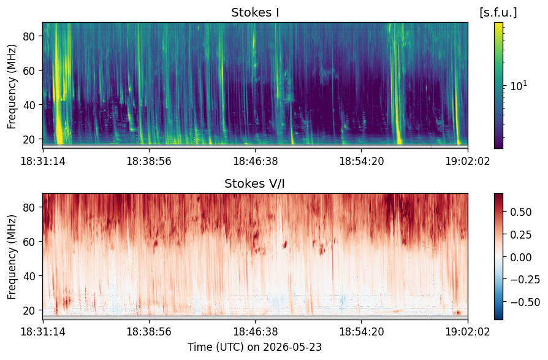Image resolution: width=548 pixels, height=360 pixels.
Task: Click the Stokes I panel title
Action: pyautogui.click(x=255, y=13)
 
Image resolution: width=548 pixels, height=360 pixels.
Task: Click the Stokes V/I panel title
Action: pyautogui.click(x=254, y=183)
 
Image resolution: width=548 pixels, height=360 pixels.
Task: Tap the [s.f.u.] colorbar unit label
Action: pyautogui.click(x=498, y=13)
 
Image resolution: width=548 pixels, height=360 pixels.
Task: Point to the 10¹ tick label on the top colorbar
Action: pyautogui.click(x=519, y=86)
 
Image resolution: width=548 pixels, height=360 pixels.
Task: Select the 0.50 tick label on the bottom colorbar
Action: pyautogui.click(x=521, y=212)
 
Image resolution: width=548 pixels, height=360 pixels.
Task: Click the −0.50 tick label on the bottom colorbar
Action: pyautogui.click(x=525, y=302)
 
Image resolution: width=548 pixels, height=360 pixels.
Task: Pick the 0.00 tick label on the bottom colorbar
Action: pyautogui.click(x=521, y=257)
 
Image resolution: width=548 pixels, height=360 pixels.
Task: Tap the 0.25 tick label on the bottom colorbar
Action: pyautogui.click(x=521, y=234)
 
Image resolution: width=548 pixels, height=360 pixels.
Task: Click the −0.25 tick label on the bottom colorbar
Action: pyautogui.click(x=525, y=280)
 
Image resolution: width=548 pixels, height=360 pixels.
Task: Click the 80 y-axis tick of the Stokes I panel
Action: pyautogui.click(x=29, y=36)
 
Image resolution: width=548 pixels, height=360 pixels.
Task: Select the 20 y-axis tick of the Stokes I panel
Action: pyautogui.click(x=29, y=139)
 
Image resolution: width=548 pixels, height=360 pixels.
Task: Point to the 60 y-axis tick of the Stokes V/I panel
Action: pyautogui.click(x=29, y=242)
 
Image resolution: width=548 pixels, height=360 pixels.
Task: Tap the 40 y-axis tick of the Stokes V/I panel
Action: pyautogui.click(x=29, y=276)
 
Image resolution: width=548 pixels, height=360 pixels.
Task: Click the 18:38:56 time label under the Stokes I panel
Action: pyautogui.click(x=149, y=161)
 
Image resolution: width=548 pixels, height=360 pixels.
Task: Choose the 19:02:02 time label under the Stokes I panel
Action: pyautogui.click(x=468, y=161)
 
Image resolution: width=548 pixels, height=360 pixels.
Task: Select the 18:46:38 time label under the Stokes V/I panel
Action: pyautogui.click(x=255, y=331)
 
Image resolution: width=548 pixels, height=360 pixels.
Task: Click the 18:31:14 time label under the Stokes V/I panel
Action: pyautogui.click(x=43, y=331)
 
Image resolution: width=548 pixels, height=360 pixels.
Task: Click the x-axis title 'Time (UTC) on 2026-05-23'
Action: pyautogui.click(x=254, y=347)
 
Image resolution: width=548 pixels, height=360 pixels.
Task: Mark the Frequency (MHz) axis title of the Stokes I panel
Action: pyautogui.click(x=12, y=86)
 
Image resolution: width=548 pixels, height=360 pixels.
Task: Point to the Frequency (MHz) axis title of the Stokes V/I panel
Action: pyautogui.click(x=12, y=257)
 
